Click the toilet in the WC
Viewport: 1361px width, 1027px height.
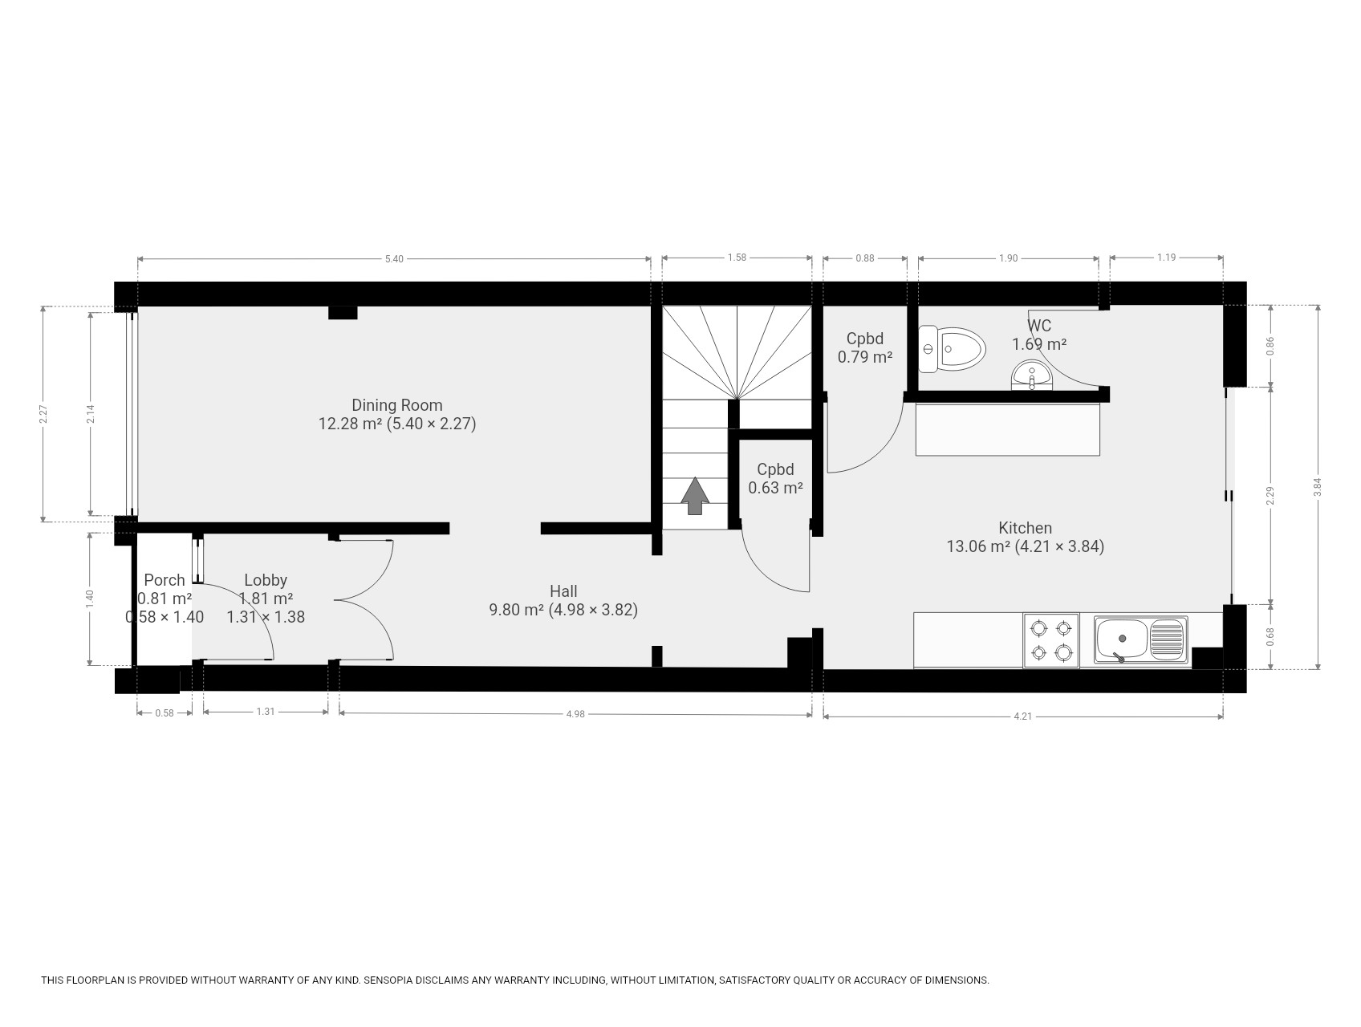(952, 349)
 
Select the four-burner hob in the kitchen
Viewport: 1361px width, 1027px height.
(1051, 640)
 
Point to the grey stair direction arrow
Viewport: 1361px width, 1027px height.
(695, 496)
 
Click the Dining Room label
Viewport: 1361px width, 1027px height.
(397, 405)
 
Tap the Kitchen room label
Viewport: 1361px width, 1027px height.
(1025, 528)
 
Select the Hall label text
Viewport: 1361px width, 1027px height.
(563, 591)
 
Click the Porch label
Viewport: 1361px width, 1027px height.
(165, 579)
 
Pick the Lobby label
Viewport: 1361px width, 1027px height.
(266, 579)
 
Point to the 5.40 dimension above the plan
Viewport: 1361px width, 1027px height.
(394, 258)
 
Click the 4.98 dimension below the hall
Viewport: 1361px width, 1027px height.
(575, 713)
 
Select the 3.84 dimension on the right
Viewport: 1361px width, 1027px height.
(1317, 486)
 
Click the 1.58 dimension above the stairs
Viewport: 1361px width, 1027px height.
(737, 258)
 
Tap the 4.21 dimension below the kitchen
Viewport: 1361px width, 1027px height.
(1022, 716)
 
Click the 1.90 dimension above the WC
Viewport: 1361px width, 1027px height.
(1008, 258)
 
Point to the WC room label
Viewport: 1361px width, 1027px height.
(1039, 326)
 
